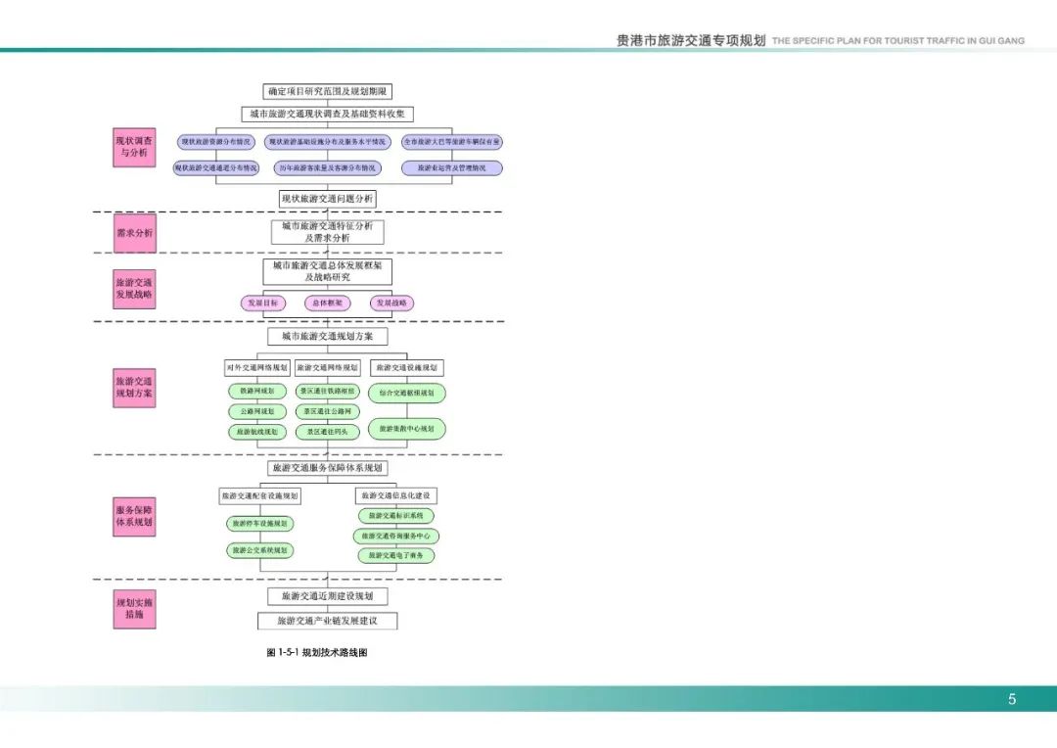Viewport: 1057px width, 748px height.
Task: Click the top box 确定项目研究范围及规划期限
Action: pos(328,91)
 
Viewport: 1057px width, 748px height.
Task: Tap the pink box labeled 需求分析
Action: pos(134,233)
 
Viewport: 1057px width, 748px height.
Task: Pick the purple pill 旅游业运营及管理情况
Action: pos(451,167)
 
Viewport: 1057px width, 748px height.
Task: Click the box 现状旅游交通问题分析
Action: pos(328,199)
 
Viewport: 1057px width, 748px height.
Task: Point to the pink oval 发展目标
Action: pos(261,304)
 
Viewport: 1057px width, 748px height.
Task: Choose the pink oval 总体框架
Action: pos(327,304)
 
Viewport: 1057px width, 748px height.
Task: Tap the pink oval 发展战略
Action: pos(391,304)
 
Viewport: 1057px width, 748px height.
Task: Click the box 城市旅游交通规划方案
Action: pos(328,336)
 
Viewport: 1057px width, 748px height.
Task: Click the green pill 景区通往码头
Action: pos(327,432)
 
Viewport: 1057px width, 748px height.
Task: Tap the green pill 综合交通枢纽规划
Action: pos(407,393)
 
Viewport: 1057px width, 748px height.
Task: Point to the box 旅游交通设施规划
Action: pos(407,368)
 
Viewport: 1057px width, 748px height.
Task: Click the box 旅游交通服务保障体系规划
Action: pos(328,468)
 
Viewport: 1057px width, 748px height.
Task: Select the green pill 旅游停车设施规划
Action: pos(259,524)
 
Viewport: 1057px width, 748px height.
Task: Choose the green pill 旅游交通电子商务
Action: pos(395,555)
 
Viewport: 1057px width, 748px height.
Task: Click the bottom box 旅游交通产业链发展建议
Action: pos(328,621)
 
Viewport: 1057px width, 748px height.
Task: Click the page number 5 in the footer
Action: pos(1012,699)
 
